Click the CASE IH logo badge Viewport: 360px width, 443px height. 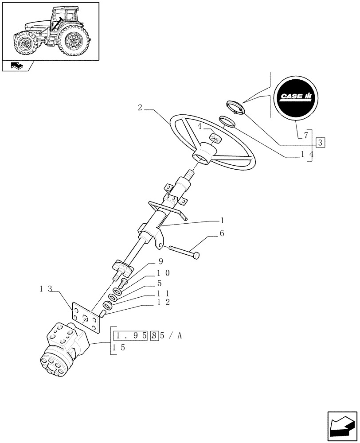[x=296, y=97]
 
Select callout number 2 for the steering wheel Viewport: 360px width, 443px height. [x=140, y=108]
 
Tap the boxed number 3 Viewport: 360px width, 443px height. [x=321, y=142]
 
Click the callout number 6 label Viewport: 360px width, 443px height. [x=222, y=233]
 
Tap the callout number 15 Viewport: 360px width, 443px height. [x=118, y=348]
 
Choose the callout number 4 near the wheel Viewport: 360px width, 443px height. [x=200, y=126]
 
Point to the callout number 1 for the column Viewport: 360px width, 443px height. [x=222, y=220]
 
